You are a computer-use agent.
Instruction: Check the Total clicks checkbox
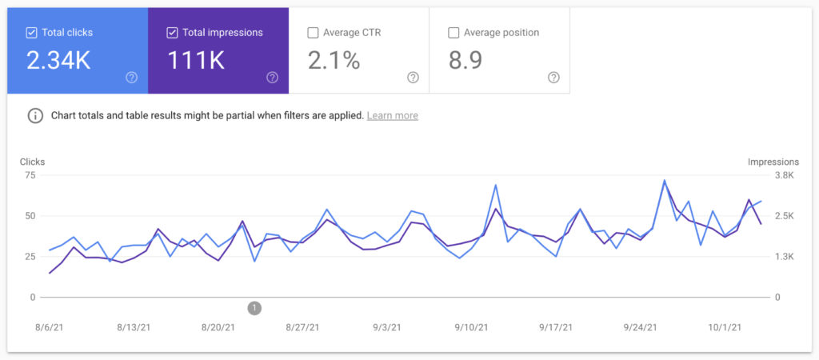tap(31, 33)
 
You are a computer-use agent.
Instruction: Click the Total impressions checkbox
tap(172, 33)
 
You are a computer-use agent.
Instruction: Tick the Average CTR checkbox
tap(313, 33)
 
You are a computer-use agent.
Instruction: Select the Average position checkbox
tap(453, 33)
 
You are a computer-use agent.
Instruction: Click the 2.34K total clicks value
tap(58, 60)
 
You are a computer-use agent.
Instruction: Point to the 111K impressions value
tap(196, 60)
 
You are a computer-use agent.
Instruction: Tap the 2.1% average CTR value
tap(334, 60)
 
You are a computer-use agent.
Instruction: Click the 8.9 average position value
tap(465, 60)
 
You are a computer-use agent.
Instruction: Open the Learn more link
tap(392, 115)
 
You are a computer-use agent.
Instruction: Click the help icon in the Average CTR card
tap(413, 78)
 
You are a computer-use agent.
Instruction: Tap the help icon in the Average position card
tap(553, 78)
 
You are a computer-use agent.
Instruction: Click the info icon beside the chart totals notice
tap(35, 115)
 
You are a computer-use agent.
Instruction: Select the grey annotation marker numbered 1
tap(254, 308)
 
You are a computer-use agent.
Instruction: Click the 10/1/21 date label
tap(725, 327)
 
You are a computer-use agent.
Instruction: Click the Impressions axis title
tap(773, 162)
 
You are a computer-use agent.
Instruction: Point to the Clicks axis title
tap(32, 162)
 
